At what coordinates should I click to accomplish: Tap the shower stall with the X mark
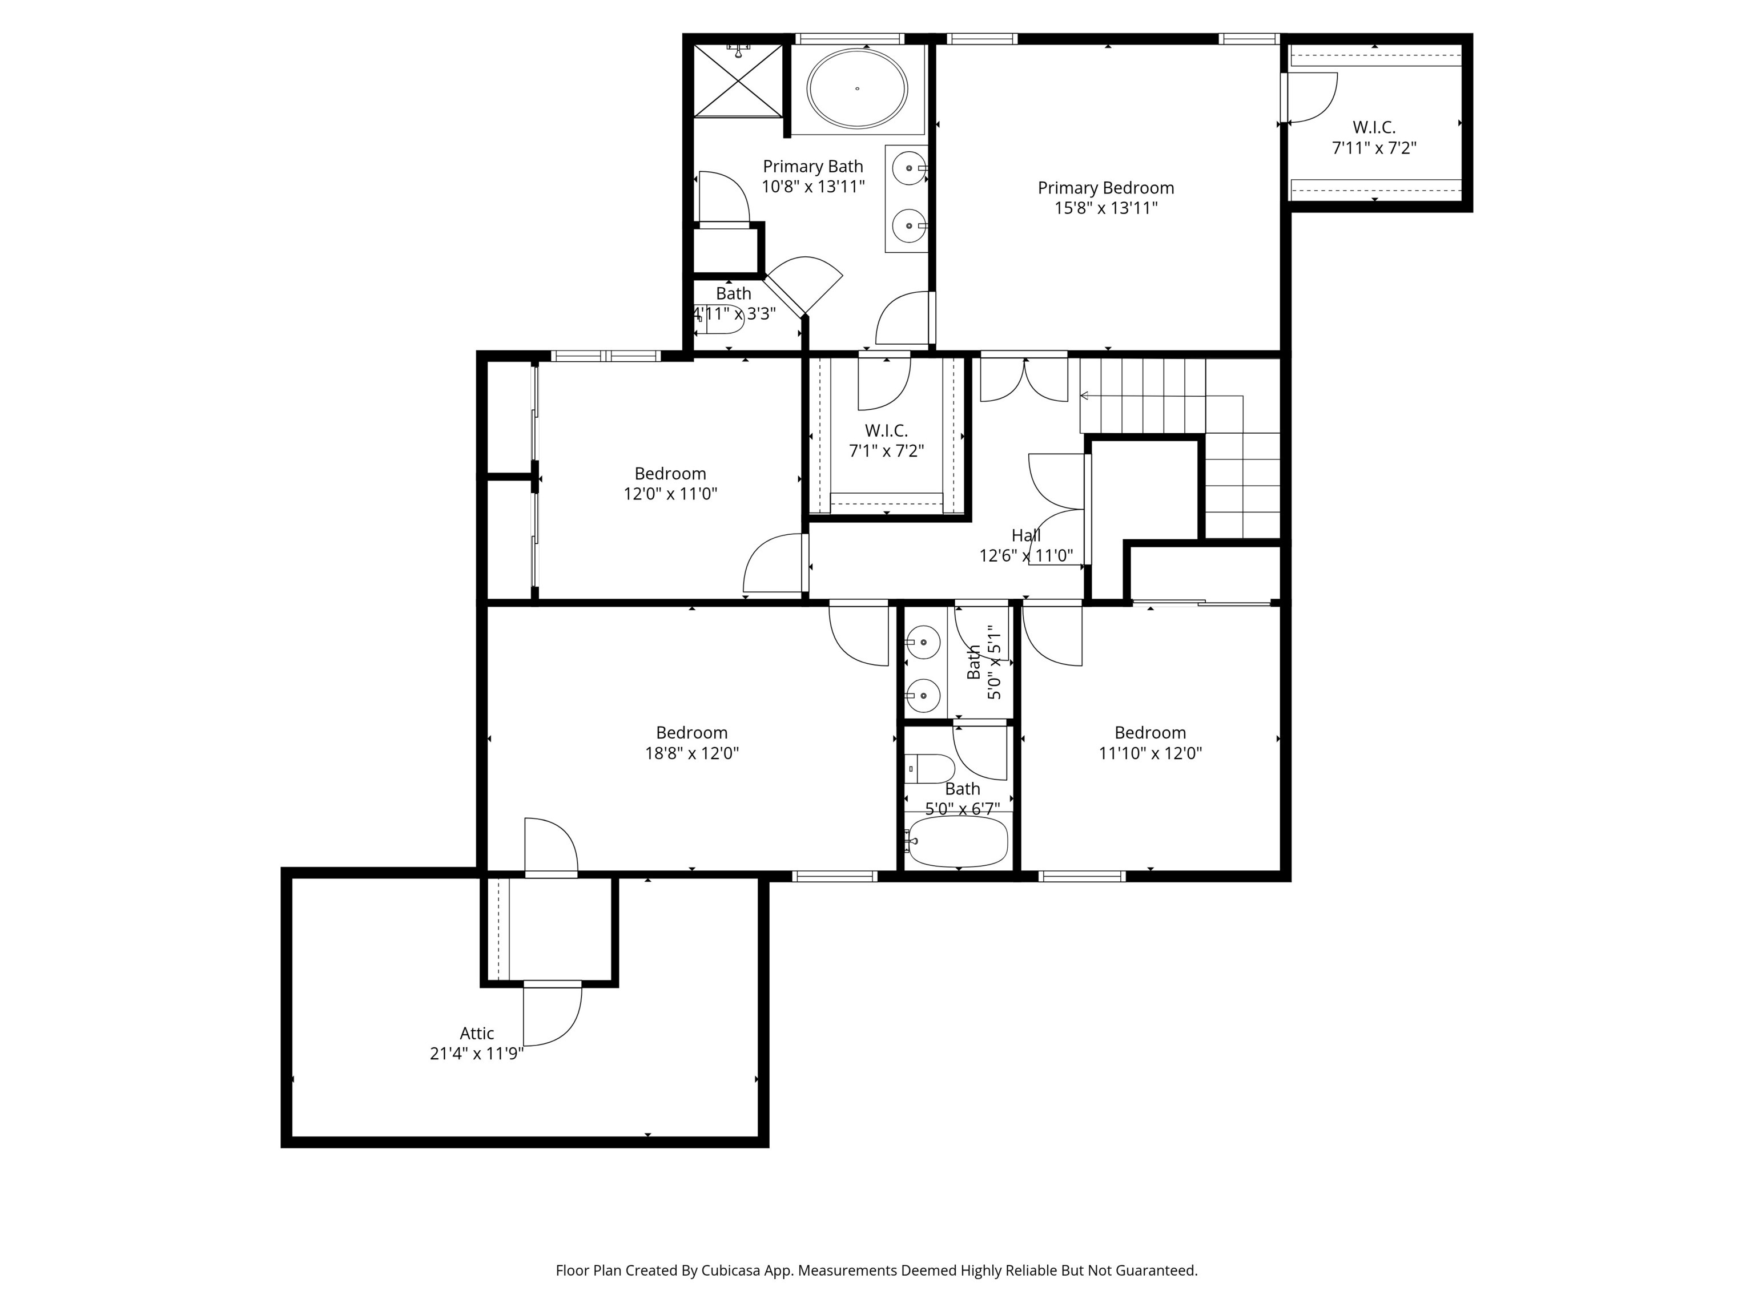click(738, 80)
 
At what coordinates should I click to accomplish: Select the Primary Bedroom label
click(1105, 188)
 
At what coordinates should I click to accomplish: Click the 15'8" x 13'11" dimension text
click(1105, 208)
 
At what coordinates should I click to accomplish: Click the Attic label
click(477, 1034)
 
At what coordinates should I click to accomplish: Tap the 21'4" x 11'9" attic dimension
click(477, 1054)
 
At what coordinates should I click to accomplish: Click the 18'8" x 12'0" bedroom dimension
click(691, 753)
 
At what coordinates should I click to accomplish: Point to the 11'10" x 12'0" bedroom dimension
click(1150, 753)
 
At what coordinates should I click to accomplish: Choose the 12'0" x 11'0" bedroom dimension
click(670, 494)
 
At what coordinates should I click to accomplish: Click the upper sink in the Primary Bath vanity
click(910, 168)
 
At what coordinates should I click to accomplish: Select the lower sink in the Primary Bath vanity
click(910, 226)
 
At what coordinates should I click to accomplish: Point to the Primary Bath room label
click(813, 167)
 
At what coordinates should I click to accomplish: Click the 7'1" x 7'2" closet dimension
click(887, 451)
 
